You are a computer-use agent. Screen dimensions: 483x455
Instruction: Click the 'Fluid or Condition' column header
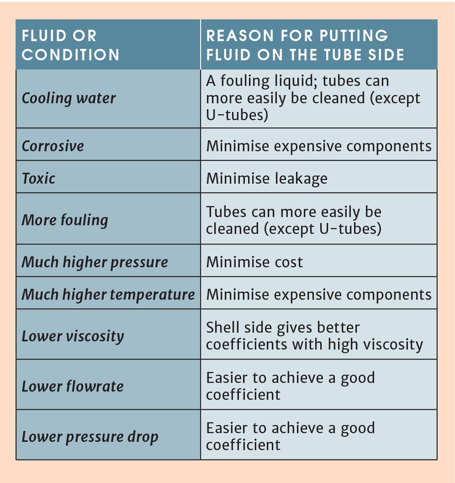pos(71,45)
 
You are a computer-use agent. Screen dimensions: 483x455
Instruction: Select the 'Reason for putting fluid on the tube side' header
pos(305,45)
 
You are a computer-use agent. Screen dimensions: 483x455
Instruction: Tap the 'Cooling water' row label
pos(69,98)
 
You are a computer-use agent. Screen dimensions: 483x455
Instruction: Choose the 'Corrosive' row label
pos(53,146)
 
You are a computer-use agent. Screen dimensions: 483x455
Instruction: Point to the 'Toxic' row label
pos(39,178)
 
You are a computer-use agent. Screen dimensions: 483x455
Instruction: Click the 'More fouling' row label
pos(65,220)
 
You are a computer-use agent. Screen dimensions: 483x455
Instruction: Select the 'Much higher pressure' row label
pos(95,262)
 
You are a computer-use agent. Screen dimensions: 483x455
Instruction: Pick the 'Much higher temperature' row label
pos(108,294)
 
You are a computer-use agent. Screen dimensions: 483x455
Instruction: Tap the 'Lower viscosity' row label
pos(73,336)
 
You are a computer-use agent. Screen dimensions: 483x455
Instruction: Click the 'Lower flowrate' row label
pos(73,386)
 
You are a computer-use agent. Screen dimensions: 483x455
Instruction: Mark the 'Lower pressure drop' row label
pos(90,437)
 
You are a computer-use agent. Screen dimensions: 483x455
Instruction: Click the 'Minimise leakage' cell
pos(267,178)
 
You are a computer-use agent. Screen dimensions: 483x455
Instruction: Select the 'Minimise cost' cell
pos(254,262)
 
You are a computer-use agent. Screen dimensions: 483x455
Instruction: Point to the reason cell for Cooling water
pos(313,98)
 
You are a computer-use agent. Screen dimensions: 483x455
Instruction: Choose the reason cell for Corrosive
pos(318,146)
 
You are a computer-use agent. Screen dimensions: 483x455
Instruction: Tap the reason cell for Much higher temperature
pos(318,294)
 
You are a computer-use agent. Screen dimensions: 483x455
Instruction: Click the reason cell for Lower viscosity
pos(314,336)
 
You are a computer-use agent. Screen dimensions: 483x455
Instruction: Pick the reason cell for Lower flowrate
pos(290,386)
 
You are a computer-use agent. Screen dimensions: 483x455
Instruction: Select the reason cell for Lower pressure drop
pos(290,437)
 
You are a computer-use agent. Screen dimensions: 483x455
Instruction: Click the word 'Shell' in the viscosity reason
pos(221,327)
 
